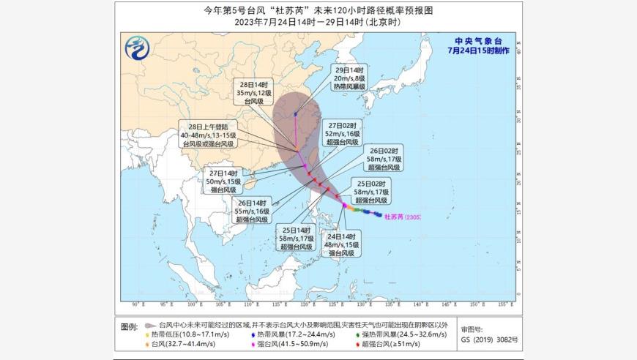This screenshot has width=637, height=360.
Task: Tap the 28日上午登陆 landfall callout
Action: [x=209, y=135]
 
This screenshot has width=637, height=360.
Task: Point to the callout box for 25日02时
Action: [x=372, y=190]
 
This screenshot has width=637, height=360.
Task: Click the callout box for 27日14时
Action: [x=224, y=181]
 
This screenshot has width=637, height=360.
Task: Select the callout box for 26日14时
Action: [x=253, y=211]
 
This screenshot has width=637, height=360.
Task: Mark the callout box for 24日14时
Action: [x=341, y=243]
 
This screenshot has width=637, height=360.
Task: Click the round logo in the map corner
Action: [x=139, y=50]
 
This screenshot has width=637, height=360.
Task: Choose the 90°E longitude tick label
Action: [x=135, y=304]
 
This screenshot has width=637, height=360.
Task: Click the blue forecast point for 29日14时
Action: [x=295, y=113]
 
